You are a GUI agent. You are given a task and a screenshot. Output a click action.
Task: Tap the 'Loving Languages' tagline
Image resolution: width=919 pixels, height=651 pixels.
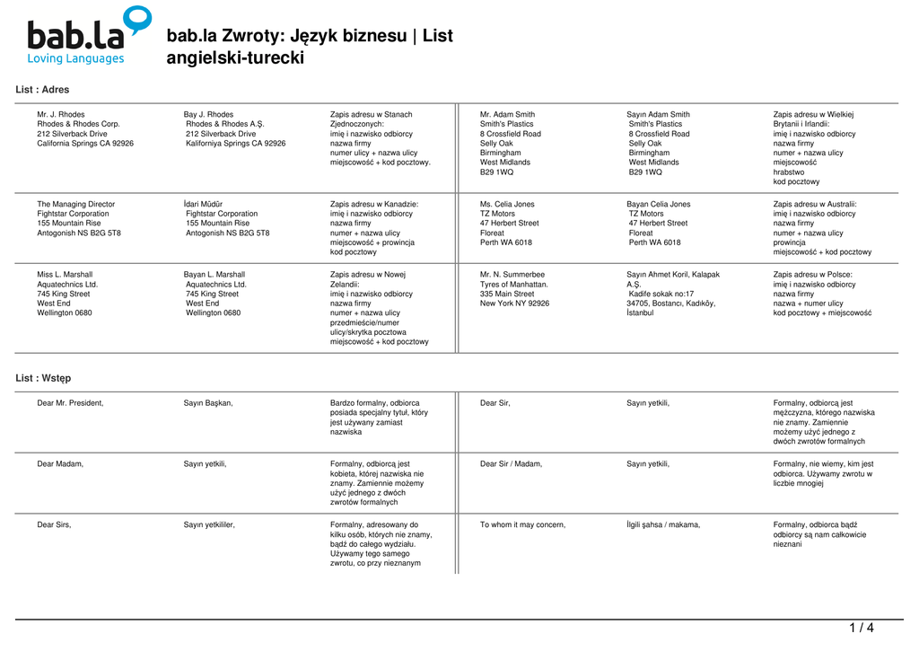75,59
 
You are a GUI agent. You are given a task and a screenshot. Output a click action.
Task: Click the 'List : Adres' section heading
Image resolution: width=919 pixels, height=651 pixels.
42,90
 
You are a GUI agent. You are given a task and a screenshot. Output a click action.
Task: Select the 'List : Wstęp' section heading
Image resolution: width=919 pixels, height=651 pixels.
43,378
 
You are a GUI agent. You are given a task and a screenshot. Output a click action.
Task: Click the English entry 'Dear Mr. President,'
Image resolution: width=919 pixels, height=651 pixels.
70,403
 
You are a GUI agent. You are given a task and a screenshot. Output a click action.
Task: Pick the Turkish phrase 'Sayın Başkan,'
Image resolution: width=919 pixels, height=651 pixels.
208,403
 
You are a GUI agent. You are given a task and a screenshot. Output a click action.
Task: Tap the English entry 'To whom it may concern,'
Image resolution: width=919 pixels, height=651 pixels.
522,525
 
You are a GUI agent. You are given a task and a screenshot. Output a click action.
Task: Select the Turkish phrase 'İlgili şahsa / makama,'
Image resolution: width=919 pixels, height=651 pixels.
663,525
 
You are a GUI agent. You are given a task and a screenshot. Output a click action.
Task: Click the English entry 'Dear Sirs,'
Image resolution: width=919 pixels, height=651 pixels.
54,525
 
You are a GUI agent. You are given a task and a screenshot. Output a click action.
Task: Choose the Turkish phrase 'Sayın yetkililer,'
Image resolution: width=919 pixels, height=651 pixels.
209,525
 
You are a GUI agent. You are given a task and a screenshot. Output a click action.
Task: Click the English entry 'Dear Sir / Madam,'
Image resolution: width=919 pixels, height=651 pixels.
511,464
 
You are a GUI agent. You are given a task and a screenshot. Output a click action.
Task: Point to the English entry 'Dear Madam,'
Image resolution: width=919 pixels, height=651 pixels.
60,464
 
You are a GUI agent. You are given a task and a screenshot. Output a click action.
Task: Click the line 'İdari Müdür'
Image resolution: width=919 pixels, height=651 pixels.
204,205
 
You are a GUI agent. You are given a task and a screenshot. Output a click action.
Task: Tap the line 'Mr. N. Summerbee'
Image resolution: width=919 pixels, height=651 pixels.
512,275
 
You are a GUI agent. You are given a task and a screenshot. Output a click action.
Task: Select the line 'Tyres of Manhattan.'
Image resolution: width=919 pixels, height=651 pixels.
514,285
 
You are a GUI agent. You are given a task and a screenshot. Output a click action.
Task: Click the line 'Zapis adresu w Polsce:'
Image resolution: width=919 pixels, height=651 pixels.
812,275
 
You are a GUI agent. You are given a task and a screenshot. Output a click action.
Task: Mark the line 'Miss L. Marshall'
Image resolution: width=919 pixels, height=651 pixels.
65,275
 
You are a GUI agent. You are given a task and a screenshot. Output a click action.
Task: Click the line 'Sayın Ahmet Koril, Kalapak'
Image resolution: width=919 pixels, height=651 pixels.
673,275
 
